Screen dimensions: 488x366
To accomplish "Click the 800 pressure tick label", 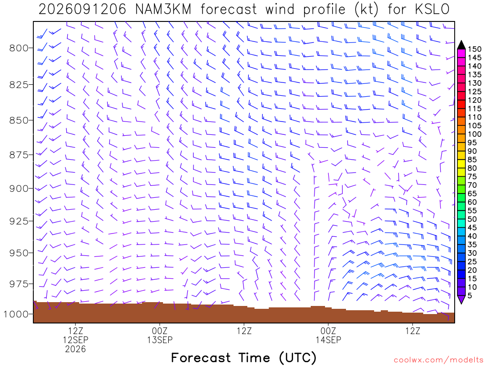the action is (19, 48).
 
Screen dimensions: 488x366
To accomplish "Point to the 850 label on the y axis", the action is (19, 121).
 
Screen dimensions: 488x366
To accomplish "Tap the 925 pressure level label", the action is (19, 221).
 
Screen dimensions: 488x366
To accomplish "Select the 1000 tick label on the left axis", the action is (16, 315).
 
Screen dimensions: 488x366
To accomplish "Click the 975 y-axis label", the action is (19, 284).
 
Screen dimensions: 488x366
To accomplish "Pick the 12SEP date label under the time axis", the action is (76, 339).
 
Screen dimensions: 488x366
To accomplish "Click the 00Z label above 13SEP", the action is (160, 331).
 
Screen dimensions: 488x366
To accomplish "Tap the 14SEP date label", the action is (328, 339).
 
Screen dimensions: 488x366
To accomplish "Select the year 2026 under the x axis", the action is (76, 349).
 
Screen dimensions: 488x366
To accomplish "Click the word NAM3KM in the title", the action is (163, 10).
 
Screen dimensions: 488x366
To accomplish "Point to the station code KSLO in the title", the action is (432, 10).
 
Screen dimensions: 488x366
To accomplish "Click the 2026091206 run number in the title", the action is (82, 10).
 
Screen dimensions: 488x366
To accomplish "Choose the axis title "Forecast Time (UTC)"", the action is (244, 357).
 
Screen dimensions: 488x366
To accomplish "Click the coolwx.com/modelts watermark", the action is (438, 360).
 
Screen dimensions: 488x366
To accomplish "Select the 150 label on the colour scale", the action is (474, 49).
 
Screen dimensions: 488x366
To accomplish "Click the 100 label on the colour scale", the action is (474, 134).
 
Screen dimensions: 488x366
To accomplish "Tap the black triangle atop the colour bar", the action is (461, 45).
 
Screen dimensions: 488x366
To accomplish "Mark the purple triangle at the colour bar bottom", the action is (461, 299).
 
